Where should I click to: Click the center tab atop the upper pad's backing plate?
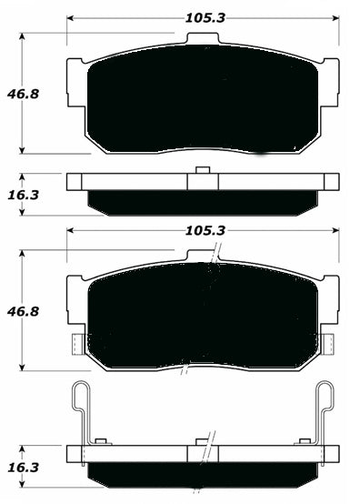coord(204,40)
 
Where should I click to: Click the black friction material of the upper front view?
coord(204,100)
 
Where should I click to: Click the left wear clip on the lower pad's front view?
coord(76,343)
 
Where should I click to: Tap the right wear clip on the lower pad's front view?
coord(330,343)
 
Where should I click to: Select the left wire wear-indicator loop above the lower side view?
coord(80,409)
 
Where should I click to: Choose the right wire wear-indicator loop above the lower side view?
coord(325,409)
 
